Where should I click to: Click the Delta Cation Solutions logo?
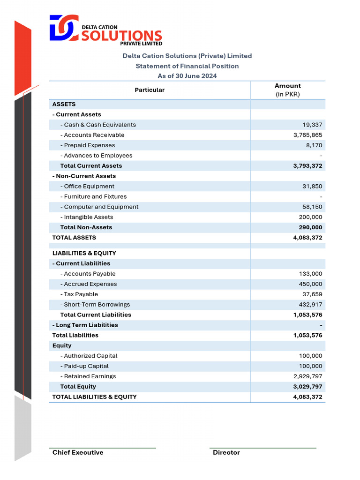(x=106, y=30)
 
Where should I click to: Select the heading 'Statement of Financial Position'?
(x=187, y=66)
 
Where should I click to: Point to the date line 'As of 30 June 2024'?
(x=187, y=76)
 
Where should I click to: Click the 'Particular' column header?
(x=150, y=90)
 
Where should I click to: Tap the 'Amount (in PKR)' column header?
(x=288, y=90)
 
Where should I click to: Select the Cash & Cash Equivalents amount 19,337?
(x=312, y=125)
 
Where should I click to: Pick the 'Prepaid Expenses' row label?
(x=89, y=145)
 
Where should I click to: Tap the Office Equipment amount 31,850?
(x=312, y=187)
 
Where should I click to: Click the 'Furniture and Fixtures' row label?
(x=95, y=197)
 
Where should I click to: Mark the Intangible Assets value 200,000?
(x=310, y=217)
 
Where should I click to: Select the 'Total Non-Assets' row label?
(x=86, y=228)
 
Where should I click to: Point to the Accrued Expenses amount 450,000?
(x=310, y=284)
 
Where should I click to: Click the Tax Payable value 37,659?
(x=312, y=294)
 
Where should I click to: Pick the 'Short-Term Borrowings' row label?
(x=97, y=305)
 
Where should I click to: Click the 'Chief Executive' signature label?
(x=78, y=453)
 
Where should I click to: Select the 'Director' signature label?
(x=226, y=453)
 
